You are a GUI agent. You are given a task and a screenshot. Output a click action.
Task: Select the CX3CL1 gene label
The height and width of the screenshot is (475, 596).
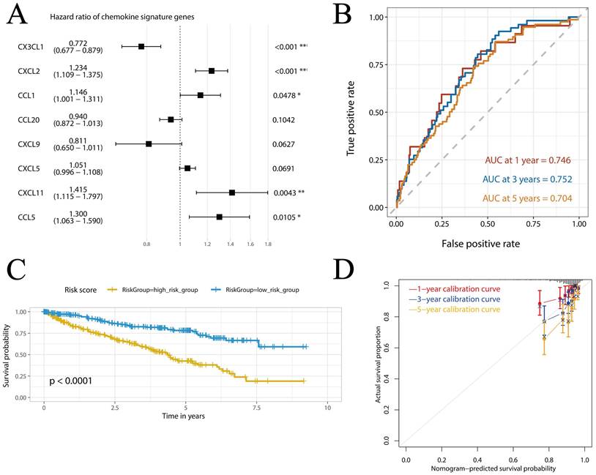tap(32, 47)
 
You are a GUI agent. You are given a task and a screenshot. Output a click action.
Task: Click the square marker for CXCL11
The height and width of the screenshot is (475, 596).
tap(232, 192)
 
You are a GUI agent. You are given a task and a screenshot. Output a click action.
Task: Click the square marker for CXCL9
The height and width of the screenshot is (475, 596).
tap(149, 144)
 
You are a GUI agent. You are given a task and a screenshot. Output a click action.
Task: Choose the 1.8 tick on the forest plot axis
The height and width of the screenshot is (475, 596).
tap(268, 244)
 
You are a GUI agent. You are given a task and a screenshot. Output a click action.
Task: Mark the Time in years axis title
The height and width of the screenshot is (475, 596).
tap(185, 416)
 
